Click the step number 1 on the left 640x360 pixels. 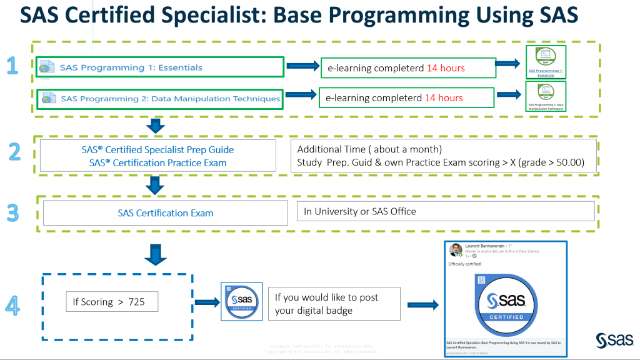(x=11, y=66)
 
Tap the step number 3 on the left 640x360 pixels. (x=13, y=212)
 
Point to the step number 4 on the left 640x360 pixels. (x=12, y=304)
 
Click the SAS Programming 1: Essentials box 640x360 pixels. (x=159, y=67)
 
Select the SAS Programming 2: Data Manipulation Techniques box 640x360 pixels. (x=159, y=99)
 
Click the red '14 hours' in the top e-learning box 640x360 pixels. (x=446, y=67)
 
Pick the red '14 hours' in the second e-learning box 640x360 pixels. (x=444, y=97)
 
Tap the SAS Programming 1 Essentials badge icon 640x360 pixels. (x=546, y=62)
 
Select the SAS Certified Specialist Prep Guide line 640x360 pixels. (x=157, y=150)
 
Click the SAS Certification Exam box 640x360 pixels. (x=166, y=213)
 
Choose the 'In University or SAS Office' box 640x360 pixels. (x=445, y=211)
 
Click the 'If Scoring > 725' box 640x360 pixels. (x=112, y=302)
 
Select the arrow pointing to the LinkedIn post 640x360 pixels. (x=422, y=304)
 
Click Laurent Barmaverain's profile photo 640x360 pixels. (x=456, y=249)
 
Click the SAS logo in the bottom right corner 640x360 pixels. (x=614, y=340)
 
